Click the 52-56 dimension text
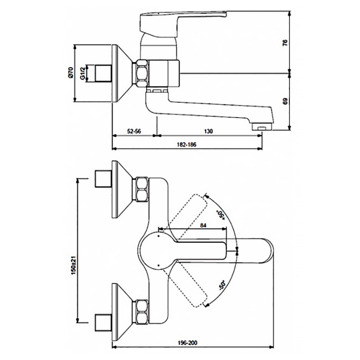click(x=134, y=131)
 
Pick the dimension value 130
click(x=208, y=131)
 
